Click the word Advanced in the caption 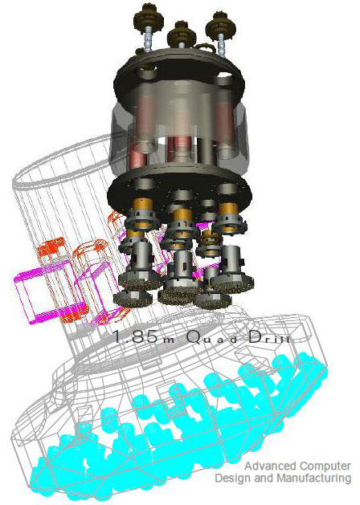tap(270, 466)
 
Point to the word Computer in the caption tap(325, 466)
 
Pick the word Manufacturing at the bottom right tap(314, 478)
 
